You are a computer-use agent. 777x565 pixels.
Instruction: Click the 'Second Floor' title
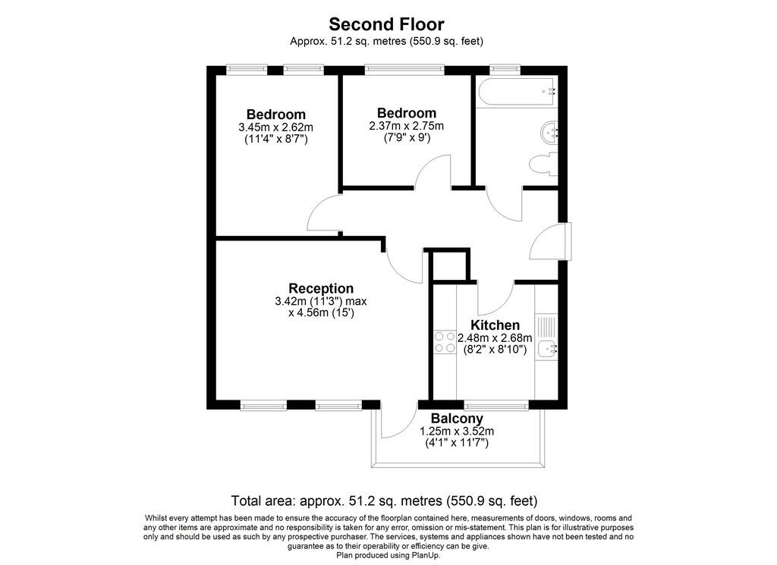pos(387,24)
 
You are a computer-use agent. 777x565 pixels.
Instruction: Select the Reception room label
pos(320,289)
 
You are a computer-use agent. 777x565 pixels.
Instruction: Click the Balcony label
pos(456,419)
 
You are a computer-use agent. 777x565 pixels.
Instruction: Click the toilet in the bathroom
pos(542,164)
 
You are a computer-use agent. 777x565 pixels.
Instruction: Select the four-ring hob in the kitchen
pos(444,343)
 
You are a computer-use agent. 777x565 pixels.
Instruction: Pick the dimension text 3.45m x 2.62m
pos(275,127)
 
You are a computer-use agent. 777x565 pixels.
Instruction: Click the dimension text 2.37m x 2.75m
pos(407,126)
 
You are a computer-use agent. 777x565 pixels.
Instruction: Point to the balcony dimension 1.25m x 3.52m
pos(456,432)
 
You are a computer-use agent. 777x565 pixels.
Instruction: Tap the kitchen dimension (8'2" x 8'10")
pos(495,350)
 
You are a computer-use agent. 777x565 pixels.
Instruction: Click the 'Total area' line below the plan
pos(384,501)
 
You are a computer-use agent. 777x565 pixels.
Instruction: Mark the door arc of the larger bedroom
pos(324,214)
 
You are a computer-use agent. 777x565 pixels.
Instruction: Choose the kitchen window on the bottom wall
pos(496,406)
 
